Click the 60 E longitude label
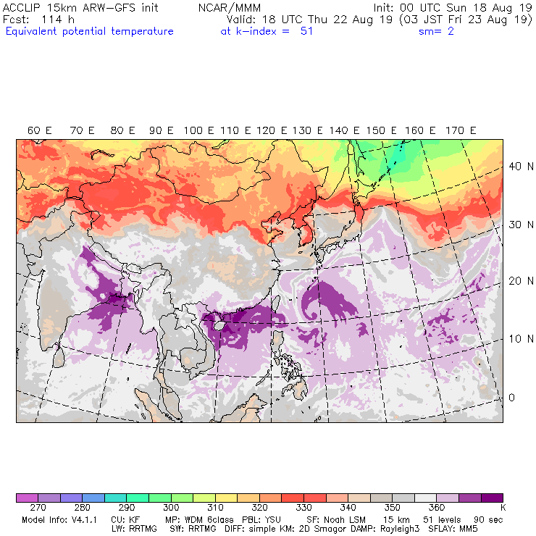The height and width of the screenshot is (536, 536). tap(40, 130)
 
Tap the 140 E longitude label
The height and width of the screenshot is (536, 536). tap(344, 130)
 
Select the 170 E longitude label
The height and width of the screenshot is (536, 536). tap(461, 130)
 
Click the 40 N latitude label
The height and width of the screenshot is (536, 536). tap(516, 166)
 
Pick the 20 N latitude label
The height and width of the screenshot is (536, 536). tap(516, 281)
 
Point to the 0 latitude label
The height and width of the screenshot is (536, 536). tap(511, 397)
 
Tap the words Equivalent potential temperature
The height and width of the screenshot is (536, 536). tap(89, 31)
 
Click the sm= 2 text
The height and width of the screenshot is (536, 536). tap(437, 31)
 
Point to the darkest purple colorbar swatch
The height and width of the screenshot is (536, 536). tap(493, 498)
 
